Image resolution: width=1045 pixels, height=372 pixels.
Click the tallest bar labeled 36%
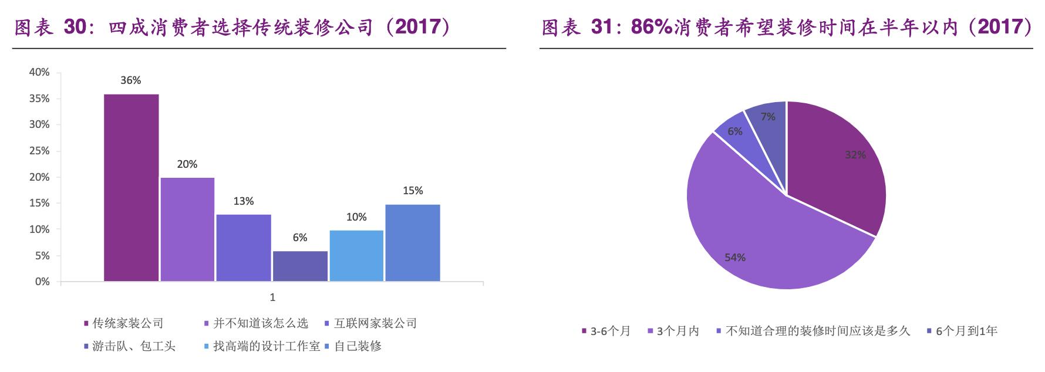(x=131, y=188)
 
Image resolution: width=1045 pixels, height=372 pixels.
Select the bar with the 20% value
(x=187, y=229)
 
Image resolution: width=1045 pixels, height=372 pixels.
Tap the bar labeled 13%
(x=244, y=248)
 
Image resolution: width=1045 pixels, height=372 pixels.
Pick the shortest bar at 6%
(x=300, y=266)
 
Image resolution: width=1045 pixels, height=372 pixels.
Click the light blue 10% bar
(x=356, y=256)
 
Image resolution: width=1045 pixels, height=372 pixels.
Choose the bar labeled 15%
(x=413, y=243)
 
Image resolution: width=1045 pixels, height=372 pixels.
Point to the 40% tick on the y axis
(x=39, y=72)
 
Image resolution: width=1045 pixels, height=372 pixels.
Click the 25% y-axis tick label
(x=39, y=151)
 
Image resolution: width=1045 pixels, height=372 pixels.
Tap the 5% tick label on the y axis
(x=42, y=256)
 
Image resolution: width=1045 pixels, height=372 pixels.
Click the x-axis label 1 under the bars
(x=272, y=297)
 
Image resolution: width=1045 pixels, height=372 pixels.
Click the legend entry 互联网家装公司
(x=375, y=323)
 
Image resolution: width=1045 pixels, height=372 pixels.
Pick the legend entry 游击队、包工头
(x=133, y=346)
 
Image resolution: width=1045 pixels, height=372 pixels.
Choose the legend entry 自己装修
(x=358, y=346)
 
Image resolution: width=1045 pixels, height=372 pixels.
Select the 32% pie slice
(x=840, y=164)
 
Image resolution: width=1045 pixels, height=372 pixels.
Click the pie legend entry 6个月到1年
(x=966, y=332)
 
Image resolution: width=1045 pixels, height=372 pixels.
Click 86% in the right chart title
(x=651, y=27)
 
